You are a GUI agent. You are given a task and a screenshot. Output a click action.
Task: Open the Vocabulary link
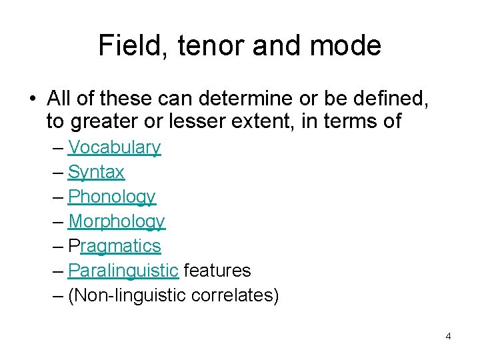pos(114,147)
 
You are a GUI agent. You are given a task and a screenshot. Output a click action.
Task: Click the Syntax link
pos(96,172)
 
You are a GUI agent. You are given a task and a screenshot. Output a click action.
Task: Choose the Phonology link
pos(111,197)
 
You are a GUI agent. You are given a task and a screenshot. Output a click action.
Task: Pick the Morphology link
pos(116,221)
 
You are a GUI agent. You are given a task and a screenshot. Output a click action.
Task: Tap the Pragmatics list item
pos(114,246)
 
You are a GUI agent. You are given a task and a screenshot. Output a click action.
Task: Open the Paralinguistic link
pos(123,271)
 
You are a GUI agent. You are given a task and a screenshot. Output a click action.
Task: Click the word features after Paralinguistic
pos(217,271)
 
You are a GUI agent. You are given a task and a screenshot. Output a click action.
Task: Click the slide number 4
pos(448,336)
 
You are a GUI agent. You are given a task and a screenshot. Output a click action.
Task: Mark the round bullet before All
pos(33,99)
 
